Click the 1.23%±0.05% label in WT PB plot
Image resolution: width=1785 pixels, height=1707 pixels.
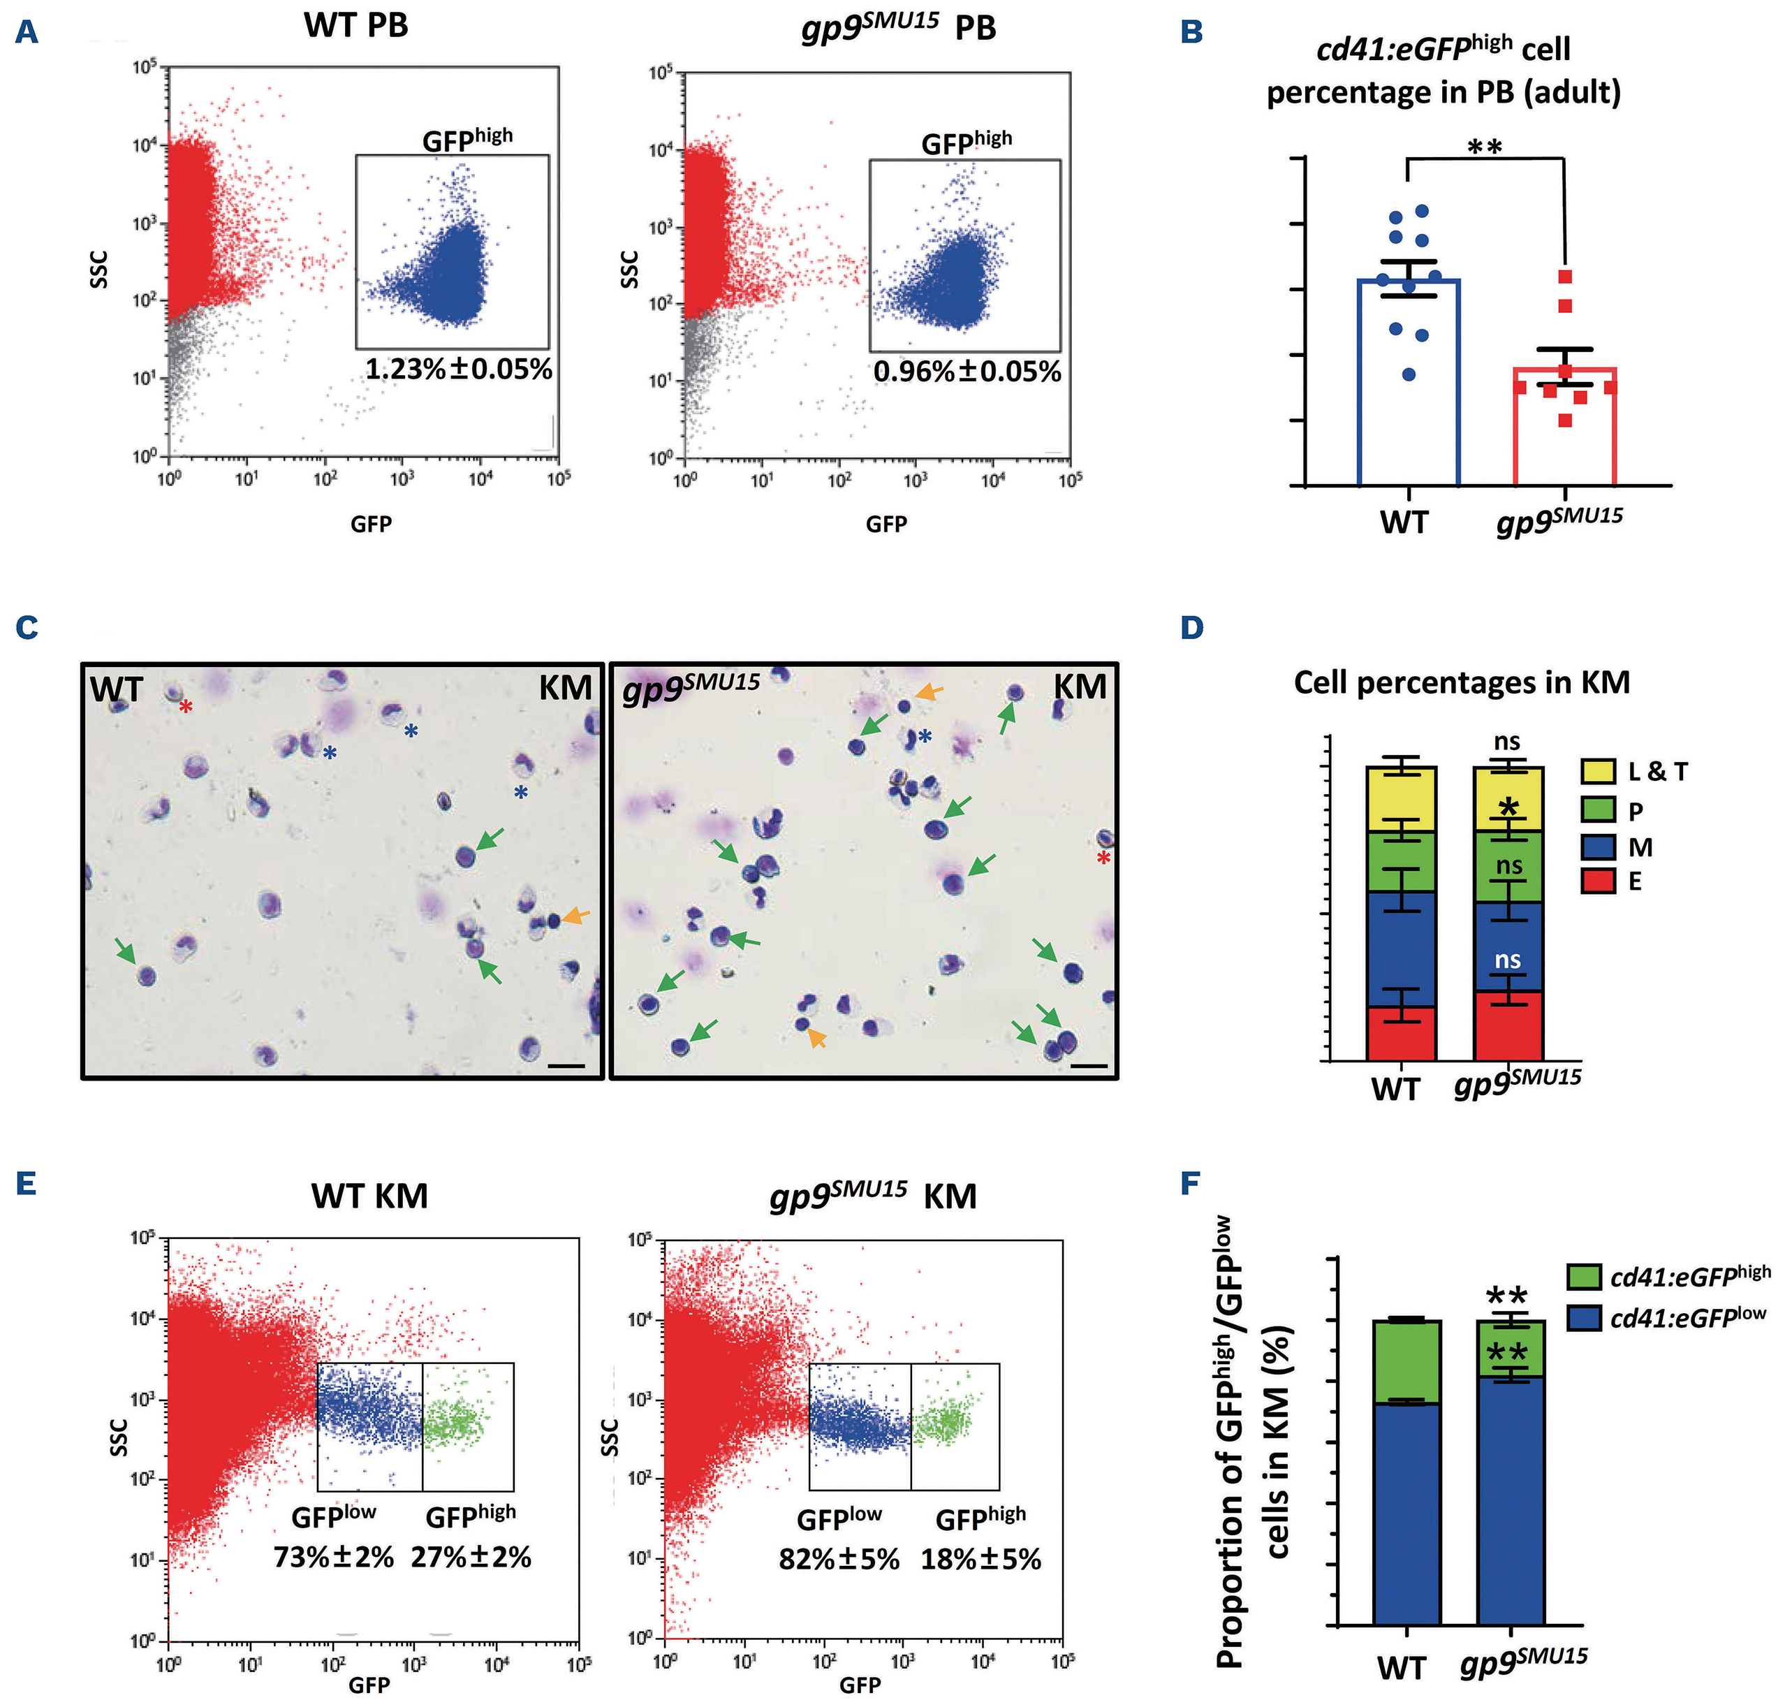click(x=459, y=369)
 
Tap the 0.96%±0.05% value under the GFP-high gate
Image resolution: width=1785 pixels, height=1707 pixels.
click(x=967, y=372)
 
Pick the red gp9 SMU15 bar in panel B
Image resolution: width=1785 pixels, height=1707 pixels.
click(x=1564, y=427)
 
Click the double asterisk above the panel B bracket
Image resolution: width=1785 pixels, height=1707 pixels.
click(x=1485, y=145)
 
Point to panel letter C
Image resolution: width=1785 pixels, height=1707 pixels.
click(x=27, y=628)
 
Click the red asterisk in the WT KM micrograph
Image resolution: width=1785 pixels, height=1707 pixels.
click(x=186, y=707)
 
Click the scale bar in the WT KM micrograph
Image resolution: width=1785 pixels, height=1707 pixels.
click(x=566, y=1064)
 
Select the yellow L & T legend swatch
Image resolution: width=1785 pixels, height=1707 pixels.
click(x=1599, y=772)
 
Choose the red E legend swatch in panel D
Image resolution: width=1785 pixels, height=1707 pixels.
click(x=1599, y=881)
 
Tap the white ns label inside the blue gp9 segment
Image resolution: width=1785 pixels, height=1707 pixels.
click(x=1508, y=959)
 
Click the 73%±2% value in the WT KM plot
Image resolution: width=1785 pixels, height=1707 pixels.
click(x=334, y=1557)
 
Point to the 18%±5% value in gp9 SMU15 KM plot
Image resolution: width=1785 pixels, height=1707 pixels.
click(x=980, y=1559)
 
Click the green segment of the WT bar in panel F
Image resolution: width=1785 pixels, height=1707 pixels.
click(x=1406, y=1361)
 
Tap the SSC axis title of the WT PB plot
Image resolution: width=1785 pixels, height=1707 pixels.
click(x=98, y=270)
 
